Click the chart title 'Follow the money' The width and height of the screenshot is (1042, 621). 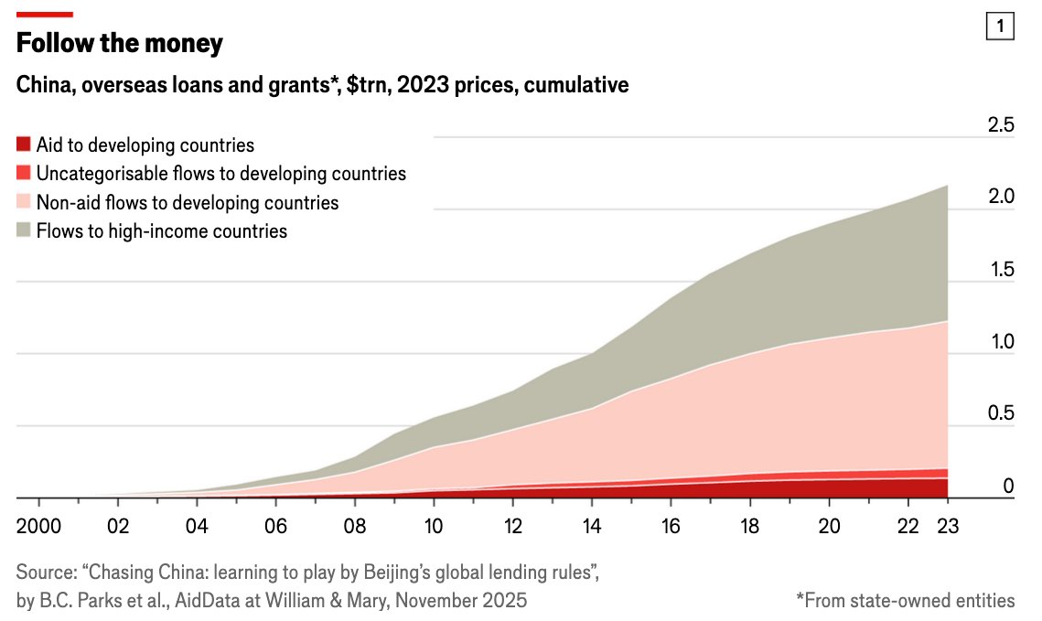pos(120,43)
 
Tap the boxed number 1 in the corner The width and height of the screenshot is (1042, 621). pos(1000,28)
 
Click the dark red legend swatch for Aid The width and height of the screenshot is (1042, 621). pos(24,145)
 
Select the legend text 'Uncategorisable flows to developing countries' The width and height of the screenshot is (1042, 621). pos(220,174)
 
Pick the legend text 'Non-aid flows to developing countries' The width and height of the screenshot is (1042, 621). pos(187,202)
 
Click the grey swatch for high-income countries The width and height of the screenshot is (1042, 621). pos(24,230)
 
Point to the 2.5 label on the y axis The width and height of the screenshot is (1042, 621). pos(1001,125)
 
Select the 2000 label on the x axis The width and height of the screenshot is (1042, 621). pos(39,528)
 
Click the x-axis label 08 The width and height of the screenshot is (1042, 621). pos(355,528)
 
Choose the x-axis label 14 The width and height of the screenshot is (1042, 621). pos(592,528)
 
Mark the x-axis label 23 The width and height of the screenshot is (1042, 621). pos(947,528)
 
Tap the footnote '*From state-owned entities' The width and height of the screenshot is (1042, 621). pos(905,600)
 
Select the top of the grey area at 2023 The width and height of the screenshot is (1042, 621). pos(946,186)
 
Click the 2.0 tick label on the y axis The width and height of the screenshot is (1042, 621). pos(1001,197)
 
